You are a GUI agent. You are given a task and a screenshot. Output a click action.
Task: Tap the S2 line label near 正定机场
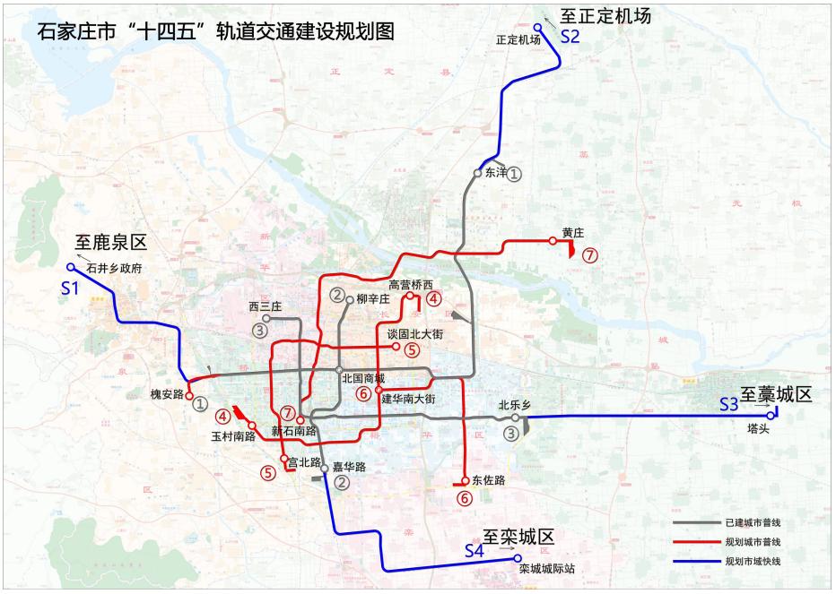(570, 37)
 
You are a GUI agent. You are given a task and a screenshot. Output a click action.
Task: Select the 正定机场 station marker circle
(538, 26)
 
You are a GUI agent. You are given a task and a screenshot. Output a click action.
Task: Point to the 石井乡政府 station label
(116, 268)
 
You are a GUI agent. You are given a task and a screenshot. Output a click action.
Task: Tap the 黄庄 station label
(573, 233)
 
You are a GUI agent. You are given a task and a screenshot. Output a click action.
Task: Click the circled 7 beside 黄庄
(589, 254)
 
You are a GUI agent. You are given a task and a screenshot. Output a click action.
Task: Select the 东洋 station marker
(478, 173)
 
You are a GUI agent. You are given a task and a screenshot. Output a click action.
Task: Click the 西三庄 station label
(266, 306)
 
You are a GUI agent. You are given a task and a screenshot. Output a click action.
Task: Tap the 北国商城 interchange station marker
(339, 369)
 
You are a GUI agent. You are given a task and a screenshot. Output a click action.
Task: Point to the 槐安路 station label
(167, 393)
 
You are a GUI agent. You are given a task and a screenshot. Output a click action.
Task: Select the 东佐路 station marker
(465, 479)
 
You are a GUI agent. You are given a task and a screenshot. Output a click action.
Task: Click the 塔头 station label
(758, 428)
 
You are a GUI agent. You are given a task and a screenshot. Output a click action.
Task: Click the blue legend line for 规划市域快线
(695, 562)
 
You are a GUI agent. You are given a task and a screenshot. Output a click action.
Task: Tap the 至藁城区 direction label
(776, 394)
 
